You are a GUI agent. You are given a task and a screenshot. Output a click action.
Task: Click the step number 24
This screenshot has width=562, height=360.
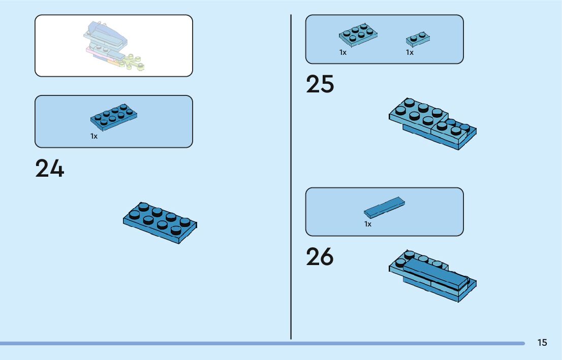(50, 169)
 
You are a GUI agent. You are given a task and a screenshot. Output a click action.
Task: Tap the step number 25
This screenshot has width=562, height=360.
(320, 85)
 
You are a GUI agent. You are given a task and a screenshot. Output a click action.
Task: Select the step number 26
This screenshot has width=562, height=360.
(320, 257)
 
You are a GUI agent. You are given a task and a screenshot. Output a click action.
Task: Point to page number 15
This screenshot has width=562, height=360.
(542, 343)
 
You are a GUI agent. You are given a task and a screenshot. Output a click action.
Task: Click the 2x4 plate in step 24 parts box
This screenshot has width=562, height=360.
(114, 117)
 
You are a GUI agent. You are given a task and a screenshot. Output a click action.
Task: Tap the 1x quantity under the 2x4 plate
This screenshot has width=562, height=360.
(94, 136)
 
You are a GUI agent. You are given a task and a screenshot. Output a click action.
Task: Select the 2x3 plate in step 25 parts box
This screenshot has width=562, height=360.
(358, 35)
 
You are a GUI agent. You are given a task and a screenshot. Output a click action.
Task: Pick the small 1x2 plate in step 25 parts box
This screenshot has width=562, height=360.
(418, 38)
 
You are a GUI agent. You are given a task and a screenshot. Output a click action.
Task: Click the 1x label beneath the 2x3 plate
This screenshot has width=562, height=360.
(343, 52)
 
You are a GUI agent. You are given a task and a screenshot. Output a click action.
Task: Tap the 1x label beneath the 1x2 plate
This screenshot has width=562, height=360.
(410, 52)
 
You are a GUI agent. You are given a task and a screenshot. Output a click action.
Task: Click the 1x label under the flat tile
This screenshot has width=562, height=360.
(368, 224)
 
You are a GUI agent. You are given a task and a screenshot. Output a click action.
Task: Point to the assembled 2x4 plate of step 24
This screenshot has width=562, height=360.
(160, 223)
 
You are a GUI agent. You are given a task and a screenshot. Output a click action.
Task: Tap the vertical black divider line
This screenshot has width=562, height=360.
(291, 178)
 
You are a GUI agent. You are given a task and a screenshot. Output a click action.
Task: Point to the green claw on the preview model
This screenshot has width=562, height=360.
(135, 63)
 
